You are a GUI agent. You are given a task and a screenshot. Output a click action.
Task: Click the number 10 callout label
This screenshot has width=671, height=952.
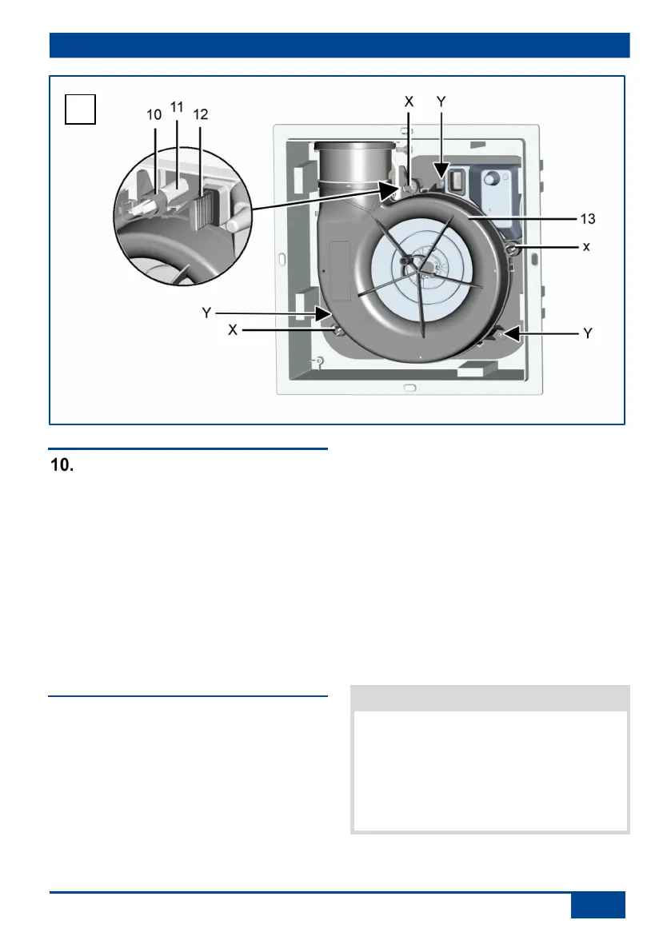[154, 114]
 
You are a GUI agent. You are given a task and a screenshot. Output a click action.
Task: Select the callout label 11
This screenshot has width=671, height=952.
[177, 107]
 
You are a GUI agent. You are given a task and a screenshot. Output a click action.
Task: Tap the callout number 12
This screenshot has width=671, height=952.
[201, 114]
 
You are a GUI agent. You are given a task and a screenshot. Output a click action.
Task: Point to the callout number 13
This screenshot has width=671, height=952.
[587, 218]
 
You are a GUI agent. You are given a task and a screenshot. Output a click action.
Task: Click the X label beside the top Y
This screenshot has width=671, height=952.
[409, 102]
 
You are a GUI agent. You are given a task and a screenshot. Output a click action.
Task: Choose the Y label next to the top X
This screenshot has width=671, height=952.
[441, 102]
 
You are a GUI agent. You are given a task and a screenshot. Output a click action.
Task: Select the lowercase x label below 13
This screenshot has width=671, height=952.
[586, 246]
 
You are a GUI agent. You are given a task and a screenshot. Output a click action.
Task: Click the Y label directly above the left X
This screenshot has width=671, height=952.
[206, 313]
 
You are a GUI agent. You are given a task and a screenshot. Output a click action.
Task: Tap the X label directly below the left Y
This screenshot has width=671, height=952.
[233, 329]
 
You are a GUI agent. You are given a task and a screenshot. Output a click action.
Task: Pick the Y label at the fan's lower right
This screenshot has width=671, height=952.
[587, 333]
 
